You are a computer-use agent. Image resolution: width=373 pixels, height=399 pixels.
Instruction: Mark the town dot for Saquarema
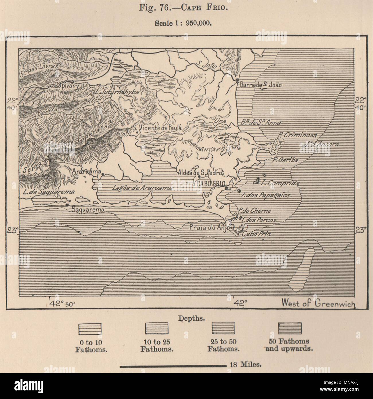(67, 205)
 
